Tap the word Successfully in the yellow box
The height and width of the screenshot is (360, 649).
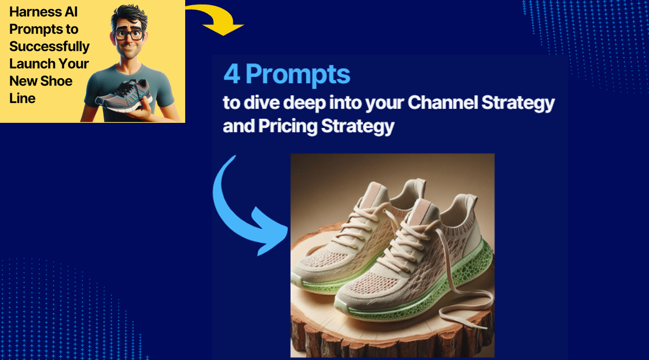[49, 46]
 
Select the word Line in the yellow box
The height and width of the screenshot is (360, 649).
[22, 98]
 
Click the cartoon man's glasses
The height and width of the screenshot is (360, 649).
[129, 35]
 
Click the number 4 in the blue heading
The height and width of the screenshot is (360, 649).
[232, 75]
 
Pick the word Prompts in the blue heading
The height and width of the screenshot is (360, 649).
[298, 75]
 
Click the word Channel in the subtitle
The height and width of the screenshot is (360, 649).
[442, 102]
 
